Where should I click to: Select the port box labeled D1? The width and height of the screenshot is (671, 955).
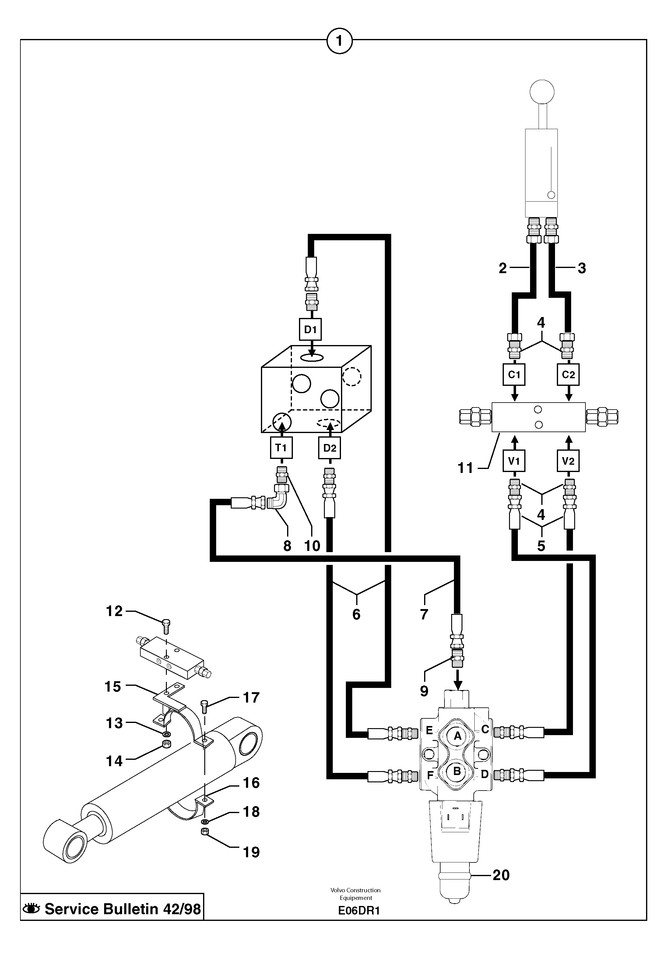[x=311, y=329]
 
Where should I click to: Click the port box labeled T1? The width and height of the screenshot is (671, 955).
[x=281, y=448]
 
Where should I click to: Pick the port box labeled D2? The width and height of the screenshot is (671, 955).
[x=329, y=448]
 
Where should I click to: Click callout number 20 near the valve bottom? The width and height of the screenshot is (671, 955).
[x=501, y=875]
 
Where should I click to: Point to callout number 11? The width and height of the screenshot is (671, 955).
[x=465, y=468]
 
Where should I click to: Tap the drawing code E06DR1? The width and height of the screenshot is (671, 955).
[x=359, y=911]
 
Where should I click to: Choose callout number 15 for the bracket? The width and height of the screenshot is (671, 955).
[x=113, y=686]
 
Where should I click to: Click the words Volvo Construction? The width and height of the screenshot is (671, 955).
[x=356, y=890]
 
